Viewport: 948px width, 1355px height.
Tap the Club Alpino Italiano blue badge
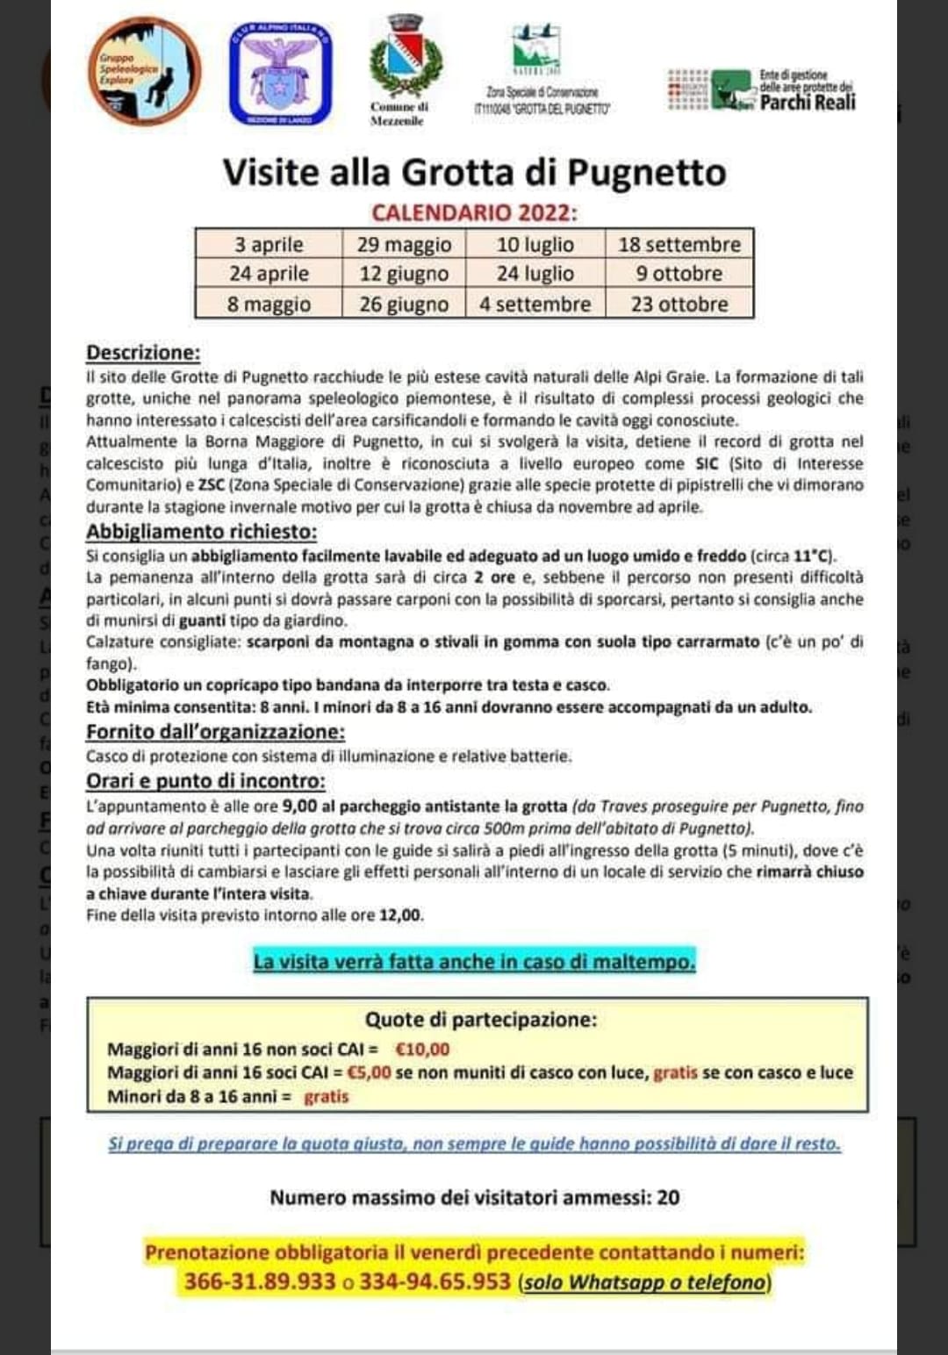pyautogui.click(x=280, y=74)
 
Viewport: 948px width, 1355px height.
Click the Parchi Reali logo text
pyautogui.click(x=807, y=102)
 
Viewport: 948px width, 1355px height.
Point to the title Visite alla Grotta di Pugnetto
pyautogui.click(x=474, y=172)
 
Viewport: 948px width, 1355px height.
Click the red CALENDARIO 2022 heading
pyautogui.click(x=474, y=213)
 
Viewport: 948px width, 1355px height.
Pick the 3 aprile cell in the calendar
pyautogui.click(x=269, y=244)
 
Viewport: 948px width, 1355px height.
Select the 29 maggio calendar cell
pyautogui.click(x=404, y=244)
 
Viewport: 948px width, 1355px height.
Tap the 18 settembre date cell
pyautogui.click(x=679, y=244)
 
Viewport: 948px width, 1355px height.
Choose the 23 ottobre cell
pyautogui.click(x=679, y=304)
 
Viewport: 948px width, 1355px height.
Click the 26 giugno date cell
pyautogui.click(x=404, y=304)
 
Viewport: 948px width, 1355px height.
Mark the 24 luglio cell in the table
pyautogui.click(x=535, y=274)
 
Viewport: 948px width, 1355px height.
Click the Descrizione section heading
pyautogui.click(x=143, y=353)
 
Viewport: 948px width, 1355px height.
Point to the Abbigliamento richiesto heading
pyautogui.click(x=201, y=532)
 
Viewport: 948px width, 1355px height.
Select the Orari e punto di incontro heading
pyautogui.click(x=205, y=781)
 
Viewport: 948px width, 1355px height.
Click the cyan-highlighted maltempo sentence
pyautogui.click(x=474, y=962)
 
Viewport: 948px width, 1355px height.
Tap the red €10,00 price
pyautogui.click(x=422, y=1050)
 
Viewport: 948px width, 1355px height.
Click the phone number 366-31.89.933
pyautogui.click(x=260, y=1282)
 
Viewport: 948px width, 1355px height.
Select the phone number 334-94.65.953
pyautogui.click(x=434, y=1282)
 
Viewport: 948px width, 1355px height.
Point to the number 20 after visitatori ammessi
pyautogui.click(x=668, y=1198)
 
